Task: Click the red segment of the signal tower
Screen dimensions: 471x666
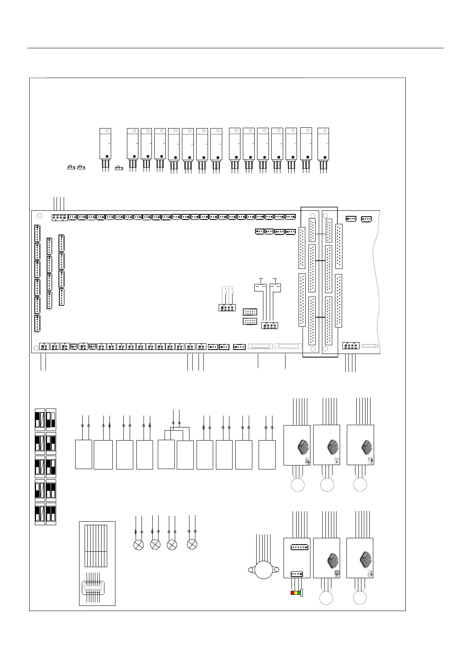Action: [292, 593]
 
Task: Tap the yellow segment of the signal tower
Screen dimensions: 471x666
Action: [296, 593]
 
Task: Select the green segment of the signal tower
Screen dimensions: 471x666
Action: [299, 593]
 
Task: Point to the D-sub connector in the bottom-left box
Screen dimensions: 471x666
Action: [93, 588]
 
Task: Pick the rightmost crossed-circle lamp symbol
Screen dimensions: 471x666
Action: [192, 544]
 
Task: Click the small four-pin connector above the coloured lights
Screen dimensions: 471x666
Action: [297, 574]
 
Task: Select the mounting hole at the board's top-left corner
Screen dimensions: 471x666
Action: [39, 216]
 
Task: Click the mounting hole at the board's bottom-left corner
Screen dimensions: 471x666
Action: [36, 348]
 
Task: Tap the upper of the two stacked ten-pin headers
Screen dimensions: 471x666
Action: [250, 312]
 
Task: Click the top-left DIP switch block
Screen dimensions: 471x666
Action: [40, 419]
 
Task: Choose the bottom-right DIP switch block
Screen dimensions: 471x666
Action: [51, 513]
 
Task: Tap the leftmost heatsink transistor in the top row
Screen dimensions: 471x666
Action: [105, 143]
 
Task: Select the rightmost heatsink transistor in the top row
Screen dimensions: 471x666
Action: [323, 143]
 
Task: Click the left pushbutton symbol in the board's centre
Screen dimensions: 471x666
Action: [259, 286]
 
